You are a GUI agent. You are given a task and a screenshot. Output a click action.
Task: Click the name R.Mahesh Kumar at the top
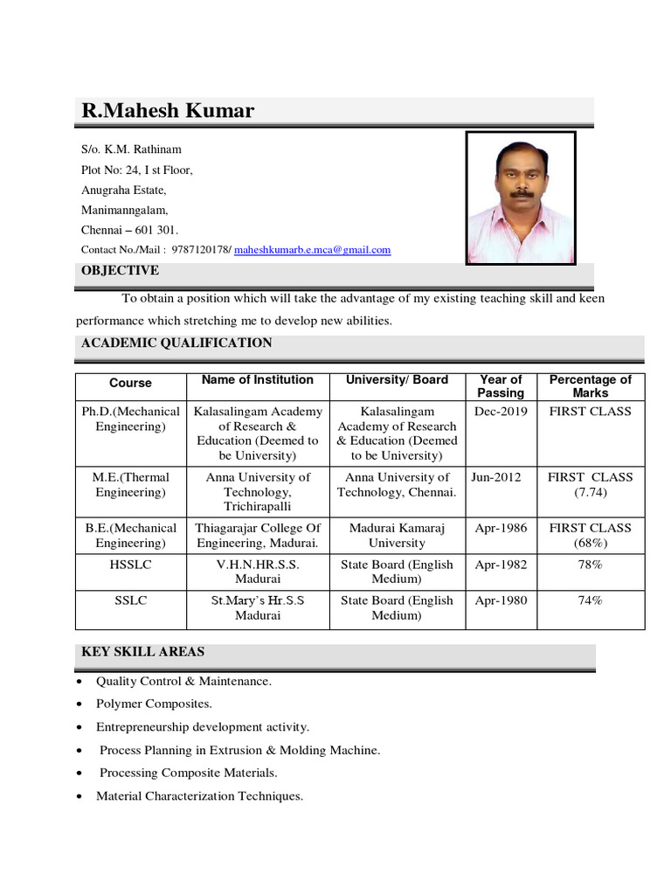168,111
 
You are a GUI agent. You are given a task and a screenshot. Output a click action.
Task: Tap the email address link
312,250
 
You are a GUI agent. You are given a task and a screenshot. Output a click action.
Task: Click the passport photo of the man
521,198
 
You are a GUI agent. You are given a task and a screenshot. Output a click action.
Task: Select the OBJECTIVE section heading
120,271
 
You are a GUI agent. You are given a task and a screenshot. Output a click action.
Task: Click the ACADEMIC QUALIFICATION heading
176,343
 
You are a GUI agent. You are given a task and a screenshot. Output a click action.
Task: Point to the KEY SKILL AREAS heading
143,652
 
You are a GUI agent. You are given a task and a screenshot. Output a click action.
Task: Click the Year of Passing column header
501,386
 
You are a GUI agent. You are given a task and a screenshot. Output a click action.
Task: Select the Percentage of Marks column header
590,386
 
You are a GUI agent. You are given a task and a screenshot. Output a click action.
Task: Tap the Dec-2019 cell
501,412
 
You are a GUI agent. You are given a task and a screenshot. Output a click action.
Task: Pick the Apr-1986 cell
501,528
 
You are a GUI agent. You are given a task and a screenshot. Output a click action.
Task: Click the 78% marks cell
590,565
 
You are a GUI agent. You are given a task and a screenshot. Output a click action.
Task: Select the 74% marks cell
590,600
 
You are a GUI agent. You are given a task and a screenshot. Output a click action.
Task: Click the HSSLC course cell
130,565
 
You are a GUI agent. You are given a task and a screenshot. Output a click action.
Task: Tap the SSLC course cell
130,600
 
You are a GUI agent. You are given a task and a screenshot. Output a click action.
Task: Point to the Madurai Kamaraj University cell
398,535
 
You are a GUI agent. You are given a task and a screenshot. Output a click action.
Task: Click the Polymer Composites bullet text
154,704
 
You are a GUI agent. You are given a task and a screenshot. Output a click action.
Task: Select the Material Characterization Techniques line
199,796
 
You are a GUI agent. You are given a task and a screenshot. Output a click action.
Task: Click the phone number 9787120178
200,250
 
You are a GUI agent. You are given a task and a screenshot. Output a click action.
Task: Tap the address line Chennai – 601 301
129,231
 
